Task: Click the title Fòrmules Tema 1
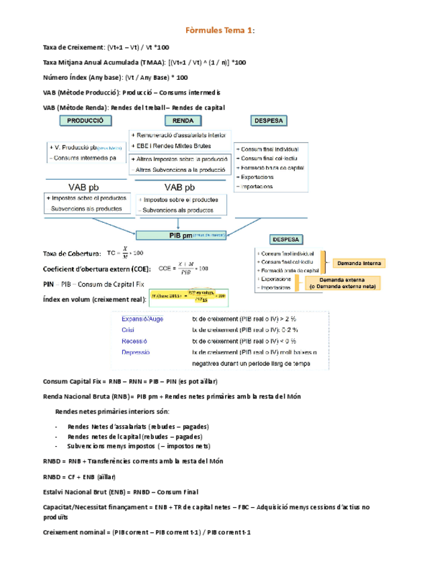220,31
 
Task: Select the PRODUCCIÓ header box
84,121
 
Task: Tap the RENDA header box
183,121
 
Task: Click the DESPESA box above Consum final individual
269,121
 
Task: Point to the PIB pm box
181,235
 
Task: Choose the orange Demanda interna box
359,263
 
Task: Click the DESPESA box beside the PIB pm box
288,239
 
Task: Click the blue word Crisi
128,331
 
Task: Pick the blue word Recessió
133,341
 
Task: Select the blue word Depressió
136,352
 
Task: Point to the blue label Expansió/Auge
142,319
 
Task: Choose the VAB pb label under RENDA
180,187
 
